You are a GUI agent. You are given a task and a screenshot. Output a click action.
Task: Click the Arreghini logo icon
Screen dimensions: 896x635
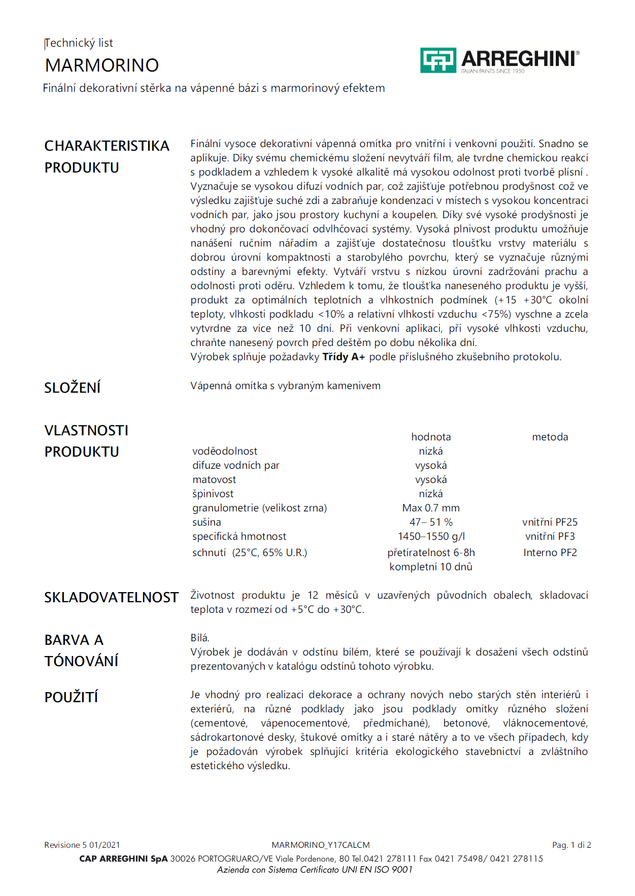438,60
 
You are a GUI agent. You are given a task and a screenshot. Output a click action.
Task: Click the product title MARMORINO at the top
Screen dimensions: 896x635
102,65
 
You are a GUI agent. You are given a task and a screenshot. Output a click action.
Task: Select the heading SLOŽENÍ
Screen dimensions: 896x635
72,388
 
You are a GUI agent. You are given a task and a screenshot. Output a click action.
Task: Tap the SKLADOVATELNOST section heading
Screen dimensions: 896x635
111,597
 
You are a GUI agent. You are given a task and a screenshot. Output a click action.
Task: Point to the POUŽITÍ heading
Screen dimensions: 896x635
71,697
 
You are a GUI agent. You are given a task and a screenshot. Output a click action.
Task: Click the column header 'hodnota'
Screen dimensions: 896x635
431,437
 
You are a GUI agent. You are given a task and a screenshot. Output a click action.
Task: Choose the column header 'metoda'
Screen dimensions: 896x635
550,437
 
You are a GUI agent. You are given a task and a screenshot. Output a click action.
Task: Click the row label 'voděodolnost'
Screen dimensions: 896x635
225,451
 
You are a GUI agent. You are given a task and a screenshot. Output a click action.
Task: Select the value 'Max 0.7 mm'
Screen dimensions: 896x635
431,508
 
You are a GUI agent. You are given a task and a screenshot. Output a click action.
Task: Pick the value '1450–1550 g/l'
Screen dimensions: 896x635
431,536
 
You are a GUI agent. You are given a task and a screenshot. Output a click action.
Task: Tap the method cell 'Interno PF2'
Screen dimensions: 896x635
550,553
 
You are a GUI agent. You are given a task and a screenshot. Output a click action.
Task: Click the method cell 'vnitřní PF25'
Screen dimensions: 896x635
550,522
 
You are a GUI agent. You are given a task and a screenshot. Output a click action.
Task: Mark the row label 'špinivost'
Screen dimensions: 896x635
213,494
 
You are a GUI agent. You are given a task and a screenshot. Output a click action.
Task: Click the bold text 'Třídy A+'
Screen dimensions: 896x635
344,357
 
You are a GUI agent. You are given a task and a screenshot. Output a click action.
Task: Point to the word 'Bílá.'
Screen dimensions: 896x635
200,638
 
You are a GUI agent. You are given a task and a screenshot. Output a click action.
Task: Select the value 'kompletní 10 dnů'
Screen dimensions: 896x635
431,567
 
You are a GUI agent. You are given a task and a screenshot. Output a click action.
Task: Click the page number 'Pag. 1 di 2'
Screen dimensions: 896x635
572,845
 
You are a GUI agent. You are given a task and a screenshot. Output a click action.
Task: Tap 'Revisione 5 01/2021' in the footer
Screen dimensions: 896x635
82,845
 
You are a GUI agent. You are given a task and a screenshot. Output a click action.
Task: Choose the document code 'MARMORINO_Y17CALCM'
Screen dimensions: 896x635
320,845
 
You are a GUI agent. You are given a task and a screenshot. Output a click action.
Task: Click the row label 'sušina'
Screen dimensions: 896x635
207,522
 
